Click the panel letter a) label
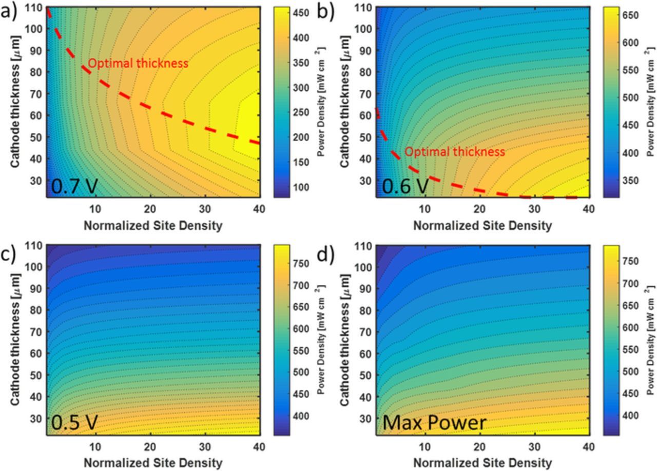coord(9,11)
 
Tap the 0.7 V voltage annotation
coord(74,186)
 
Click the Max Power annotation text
coord(434,423)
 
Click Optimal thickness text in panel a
coord(138,64)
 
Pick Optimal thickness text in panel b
coord(455,152)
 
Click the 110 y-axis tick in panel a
coord(36,8)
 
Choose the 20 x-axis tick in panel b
coord(479,209)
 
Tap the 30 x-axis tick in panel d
coord(534,447)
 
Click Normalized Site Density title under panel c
coord(153,463)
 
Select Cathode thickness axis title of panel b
coord(345,101)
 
